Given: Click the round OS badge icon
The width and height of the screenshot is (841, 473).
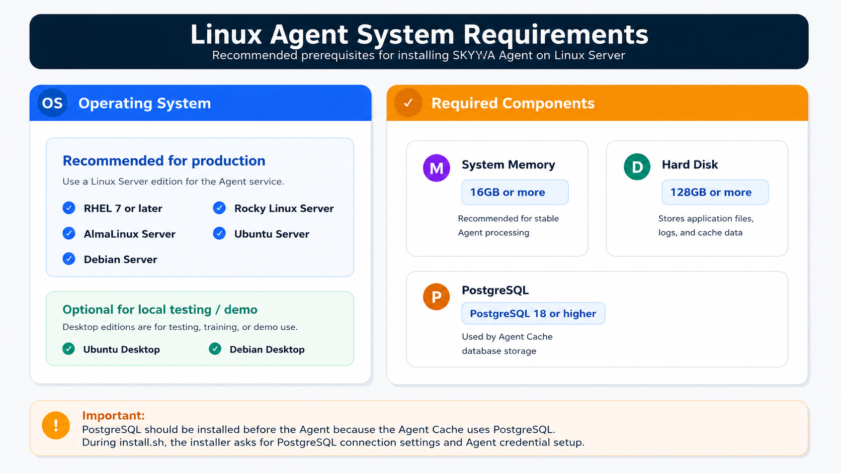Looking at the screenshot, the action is point(52,103).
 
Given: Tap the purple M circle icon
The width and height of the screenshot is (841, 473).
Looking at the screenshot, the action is point(436,168).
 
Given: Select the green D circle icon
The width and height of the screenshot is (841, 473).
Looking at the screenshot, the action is point(637,167).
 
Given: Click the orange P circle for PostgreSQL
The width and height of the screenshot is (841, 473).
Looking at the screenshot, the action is point(436,297).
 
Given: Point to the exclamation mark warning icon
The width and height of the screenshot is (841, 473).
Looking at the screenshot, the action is point(56,425).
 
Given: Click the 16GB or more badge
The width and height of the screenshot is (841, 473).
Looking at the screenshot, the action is point(515,192).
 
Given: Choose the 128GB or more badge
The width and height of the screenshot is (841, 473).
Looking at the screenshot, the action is point(715,192).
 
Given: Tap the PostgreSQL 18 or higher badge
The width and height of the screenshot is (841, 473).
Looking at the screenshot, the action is point(533,313).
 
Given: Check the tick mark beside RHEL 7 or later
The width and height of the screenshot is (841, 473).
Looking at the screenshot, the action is point(69,208).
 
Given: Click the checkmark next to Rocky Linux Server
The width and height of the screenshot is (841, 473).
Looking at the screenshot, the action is point(219,208).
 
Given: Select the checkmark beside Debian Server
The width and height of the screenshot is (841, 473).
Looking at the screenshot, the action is point(69,259).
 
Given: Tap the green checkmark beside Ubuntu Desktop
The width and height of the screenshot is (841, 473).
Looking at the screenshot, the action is point(68,349).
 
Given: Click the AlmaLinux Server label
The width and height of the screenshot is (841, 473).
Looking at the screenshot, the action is point(130,234).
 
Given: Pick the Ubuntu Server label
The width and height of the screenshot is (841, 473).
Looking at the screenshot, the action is point(272,234).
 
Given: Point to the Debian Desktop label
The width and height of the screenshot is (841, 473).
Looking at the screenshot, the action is point(267,349).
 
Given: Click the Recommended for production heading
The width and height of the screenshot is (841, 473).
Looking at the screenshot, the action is point(163,160).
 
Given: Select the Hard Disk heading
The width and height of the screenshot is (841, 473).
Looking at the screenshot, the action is point(690,165).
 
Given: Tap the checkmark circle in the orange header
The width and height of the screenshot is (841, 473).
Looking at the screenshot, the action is point(408,103).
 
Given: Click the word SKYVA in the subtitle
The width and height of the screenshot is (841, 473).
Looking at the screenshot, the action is point(474,55).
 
